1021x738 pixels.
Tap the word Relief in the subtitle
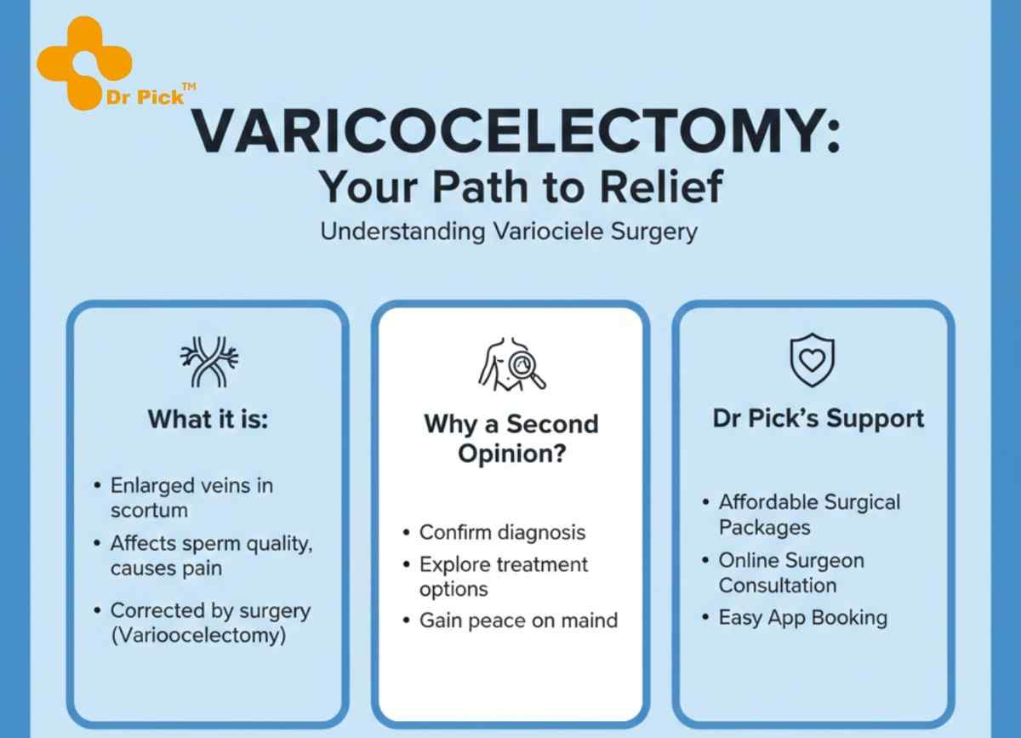click(x=647, y=187)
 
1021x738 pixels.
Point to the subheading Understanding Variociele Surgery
click(x=509, y=232)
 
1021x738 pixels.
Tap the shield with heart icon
click(x=812, y=360)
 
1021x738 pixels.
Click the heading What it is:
click(x=208, y=419)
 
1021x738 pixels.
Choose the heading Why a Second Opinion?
click(x=510, y=438)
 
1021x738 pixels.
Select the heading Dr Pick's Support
click(x=817, y=419)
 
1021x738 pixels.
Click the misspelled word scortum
click(x=149, y=511)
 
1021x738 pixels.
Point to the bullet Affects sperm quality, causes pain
click(x=211, y=556)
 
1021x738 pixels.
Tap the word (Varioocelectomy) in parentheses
click(x=198, y=636)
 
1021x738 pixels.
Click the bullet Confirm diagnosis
click(x=502, y=532)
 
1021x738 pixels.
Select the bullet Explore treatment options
click(x=503, y=576)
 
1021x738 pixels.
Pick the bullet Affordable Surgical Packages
click(x=809, y=514)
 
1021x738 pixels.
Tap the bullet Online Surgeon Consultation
click(x=790, y=573)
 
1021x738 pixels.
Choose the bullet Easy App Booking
click(x=802, y=617)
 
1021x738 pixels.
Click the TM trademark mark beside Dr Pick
click(x=189, y=86)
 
